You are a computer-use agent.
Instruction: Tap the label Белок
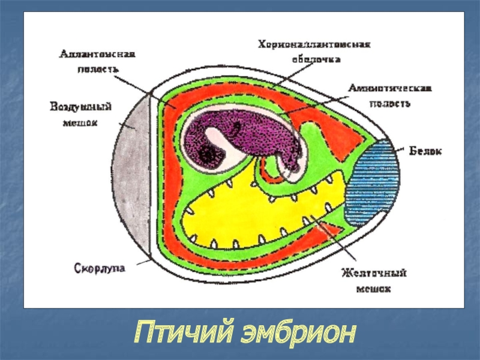point(425,151)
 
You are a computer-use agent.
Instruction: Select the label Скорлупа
point(100,266)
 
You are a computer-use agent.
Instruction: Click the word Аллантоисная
point(97,54)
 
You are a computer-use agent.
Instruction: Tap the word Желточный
point(374,274)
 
